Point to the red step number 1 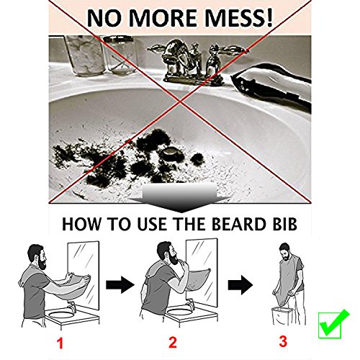(x=60, y=343)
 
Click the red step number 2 (x=173, y=342)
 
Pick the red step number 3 (x=283, y=341)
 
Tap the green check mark (x=333, y=324)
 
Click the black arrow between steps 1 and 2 (x=120, y=285)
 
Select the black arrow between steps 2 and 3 (x=240, y=285)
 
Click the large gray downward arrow (x=180, y=198)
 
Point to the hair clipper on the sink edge (x=271, y=87)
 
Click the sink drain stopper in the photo (x=171, y=153)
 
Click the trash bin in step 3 (x=282, y=315)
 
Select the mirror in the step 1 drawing (x=84, y=276)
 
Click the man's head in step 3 (x=285, y=252)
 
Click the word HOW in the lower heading (x=81, y=224)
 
